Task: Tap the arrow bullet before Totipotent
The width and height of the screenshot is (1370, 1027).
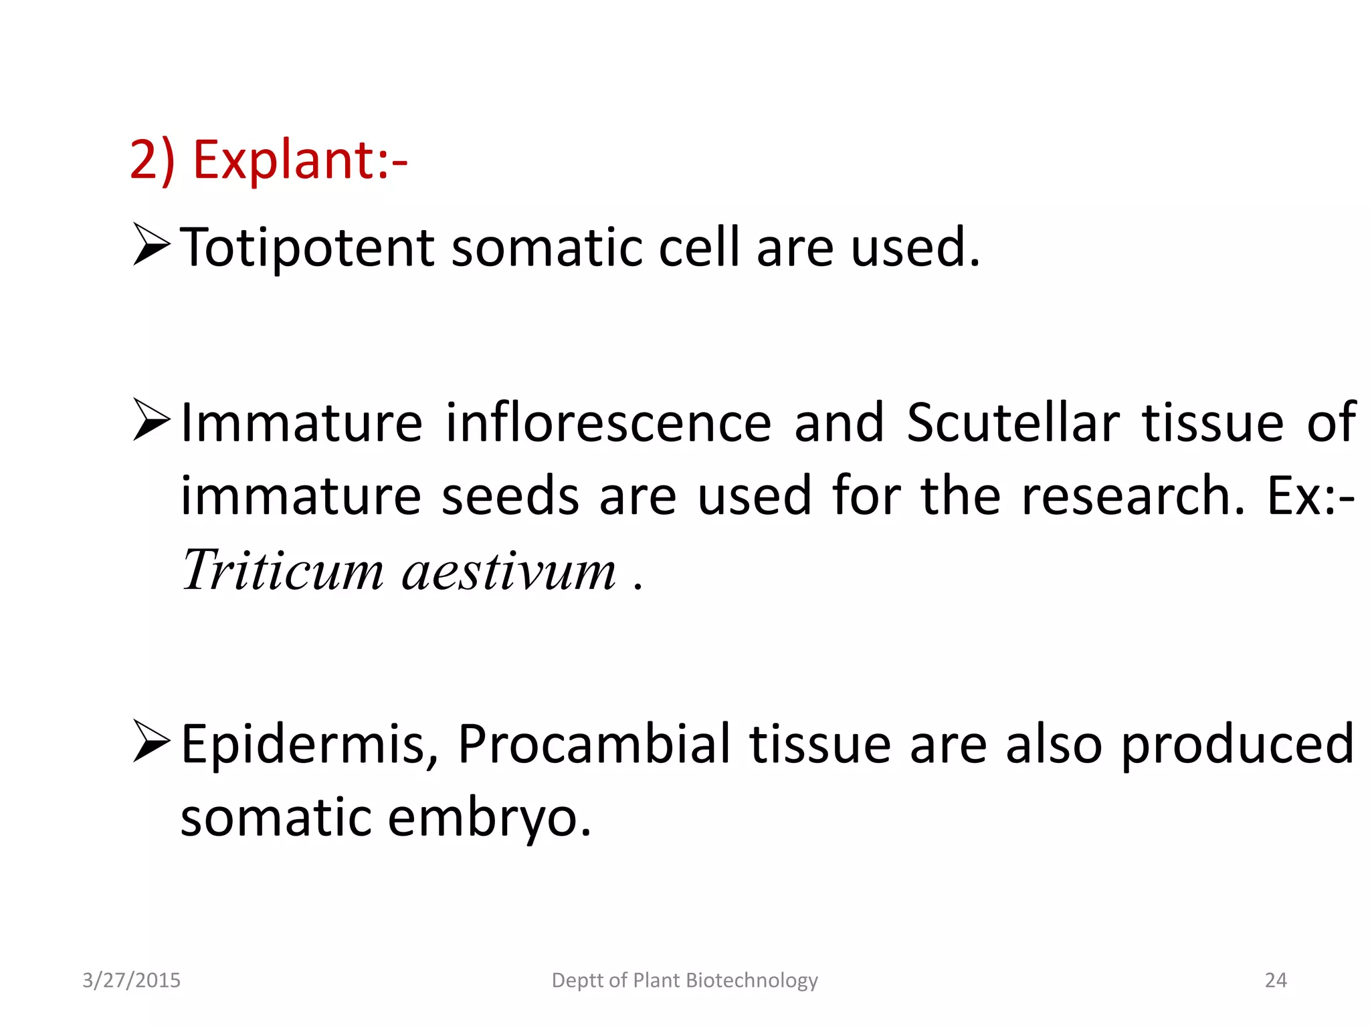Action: click(x=152, y=245)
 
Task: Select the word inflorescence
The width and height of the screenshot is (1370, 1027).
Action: click(x=608, y=423)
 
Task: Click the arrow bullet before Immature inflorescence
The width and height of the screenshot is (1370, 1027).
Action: click(x=152, y=420)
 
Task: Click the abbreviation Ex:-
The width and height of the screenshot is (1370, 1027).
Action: click(x=1311, y=496)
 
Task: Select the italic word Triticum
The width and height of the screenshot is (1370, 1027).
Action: click(x=282, y=570)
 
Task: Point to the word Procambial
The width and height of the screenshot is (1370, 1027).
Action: click(x=594, y=745)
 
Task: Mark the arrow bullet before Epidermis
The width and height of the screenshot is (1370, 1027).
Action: click(x=152, y=741)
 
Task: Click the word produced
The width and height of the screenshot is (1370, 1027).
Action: click(x=1237, y=745)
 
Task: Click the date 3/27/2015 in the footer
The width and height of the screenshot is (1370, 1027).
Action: click(x=131, y=980)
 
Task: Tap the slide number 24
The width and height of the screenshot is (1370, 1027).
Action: click(x=1276, y=980)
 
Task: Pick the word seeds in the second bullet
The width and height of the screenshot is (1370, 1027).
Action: click(x=510, y=496)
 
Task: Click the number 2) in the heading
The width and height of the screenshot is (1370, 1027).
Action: click(x=152, y=160)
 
